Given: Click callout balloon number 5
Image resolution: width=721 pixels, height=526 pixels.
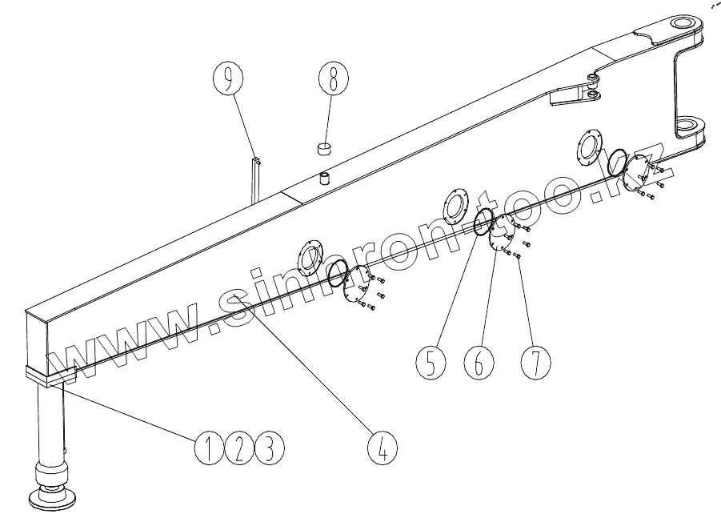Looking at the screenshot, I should (430, 363).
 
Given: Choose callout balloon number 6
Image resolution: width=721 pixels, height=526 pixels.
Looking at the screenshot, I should (479, 363).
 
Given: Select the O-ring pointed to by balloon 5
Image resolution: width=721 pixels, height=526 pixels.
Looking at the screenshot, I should (483, 224).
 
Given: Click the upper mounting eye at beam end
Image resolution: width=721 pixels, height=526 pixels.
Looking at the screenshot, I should (684, 25).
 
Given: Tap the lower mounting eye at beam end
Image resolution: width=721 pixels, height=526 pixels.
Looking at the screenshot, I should (688, 126).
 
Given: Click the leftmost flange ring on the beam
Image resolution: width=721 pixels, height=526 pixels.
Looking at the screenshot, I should (311, 256).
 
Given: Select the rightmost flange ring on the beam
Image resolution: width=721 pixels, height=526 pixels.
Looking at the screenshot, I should (589, 148).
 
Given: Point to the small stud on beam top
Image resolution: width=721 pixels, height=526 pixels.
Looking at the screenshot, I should (326, 177).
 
